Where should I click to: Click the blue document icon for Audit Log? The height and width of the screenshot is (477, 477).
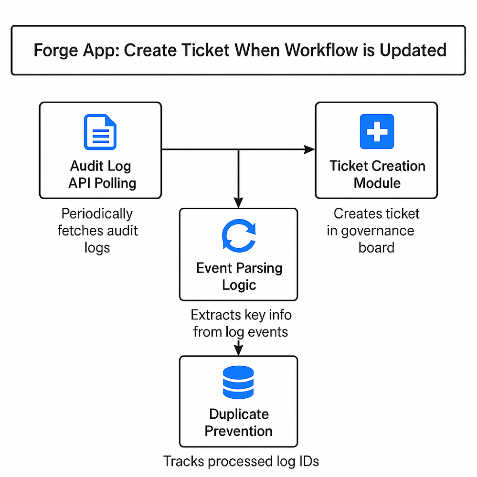click(x=100, y=132)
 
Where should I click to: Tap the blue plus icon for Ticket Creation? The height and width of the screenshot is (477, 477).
click(x=376, y=131)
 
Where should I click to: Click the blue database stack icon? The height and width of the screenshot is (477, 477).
click(x=239, y=382)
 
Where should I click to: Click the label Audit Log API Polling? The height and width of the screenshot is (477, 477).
click(x=102, y=174)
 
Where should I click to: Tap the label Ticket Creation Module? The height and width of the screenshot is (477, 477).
click(x=377, y=174)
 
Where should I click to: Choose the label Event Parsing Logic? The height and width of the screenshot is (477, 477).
click(x=239, y=276)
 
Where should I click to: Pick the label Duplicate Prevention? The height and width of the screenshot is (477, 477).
click(x=239, y=423)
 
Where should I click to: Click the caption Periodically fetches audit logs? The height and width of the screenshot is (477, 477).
click(x=97, y=231)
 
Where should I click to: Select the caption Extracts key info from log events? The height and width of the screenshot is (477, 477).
click(x=241, y=323)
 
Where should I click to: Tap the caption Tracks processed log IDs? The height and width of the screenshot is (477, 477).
click(x=241, y=461)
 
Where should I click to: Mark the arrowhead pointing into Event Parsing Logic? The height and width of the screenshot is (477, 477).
click(x=238, y=203)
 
